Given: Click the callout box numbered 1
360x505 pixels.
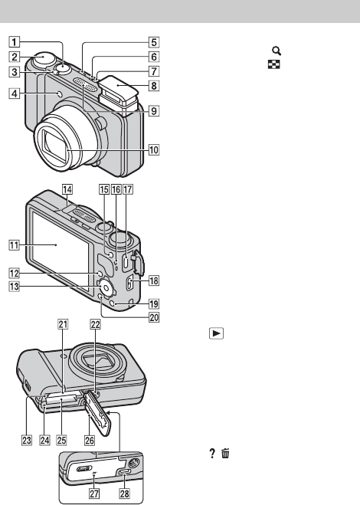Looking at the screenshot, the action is (x=14, y=42).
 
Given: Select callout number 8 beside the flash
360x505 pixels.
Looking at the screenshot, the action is (x=154, y=86).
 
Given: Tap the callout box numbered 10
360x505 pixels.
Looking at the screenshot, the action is (x=154, y=149).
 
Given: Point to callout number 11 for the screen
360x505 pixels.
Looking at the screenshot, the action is (x=14, y=245).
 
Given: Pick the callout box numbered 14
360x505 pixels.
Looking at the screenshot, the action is (x=67, y=189).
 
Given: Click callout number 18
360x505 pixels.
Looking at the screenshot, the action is (x=154, y=280).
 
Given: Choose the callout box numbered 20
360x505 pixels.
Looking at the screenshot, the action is (x=154, y=317).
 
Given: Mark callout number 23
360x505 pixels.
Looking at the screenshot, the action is (x=27, y=440).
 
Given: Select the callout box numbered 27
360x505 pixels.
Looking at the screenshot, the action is (x=94, y=494).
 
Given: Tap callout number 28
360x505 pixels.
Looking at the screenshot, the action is (x=125, y=494).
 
